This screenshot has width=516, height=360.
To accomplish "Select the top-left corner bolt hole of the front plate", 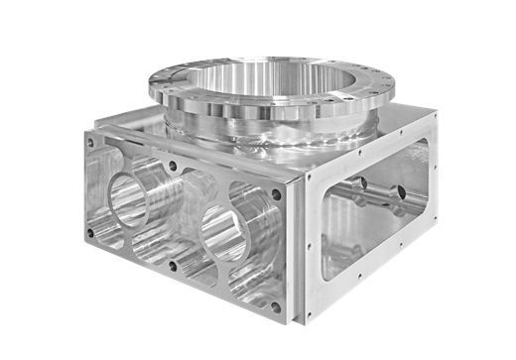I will point(90,143).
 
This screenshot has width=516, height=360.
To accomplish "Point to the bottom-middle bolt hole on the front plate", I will point(175,265).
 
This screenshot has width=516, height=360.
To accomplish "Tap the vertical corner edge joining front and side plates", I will point(296,248).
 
